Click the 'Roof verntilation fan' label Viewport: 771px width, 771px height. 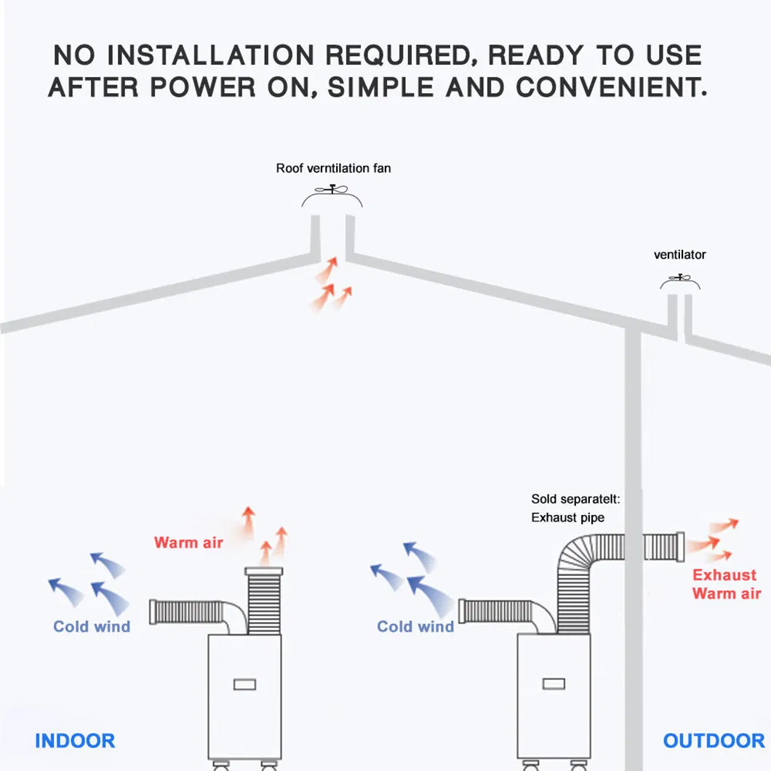[x=333, y=169]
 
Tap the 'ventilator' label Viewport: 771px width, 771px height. [x=679, y=255]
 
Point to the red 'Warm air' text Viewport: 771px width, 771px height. [x=188, y=543]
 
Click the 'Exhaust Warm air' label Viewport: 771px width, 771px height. [x=726, y=584]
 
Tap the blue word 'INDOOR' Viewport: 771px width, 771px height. [x=75, y=741]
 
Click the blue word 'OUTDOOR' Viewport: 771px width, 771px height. [x=714, y=741]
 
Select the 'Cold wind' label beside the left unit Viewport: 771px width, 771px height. [x=92, y=627]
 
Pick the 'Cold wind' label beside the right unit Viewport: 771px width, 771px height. [x=415, y=627]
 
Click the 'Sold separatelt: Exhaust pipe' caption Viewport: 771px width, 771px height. [x=575, y=508]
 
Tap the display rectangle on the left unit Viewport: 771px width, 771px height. [x=244, y=684]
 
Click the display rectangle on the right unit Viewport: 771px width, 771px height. [x=554, y=684]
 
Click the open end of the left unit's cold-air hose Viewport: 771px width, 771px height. [x=153, y=612]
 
